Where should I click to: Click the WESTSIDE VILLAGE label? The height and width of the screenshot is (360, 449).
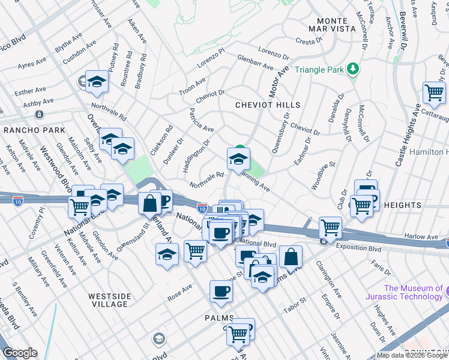coord(109,300)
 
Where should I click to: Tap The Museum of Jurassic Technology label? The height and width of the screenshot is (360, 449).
coord(413,292)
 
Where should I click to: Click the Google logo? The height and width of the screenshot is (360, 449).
coord(19,353)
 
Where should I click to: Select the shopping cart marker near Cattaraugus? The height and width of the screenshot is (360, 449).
coord(434,93)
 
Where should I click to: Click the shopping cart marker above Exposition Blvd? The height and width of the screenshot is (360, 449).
coord(330,227)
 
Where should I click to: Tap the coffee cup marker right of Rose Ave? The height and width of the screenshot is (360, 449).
coord(221,292)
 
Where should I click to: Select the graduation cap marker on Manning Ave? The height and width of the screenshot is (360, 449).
coord(238,160)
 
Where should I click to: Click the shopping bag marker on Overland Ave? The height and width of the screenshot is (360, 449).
coord(149,203)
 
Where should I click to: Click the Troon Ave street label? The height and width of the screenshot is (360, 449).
coord(193,86)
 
